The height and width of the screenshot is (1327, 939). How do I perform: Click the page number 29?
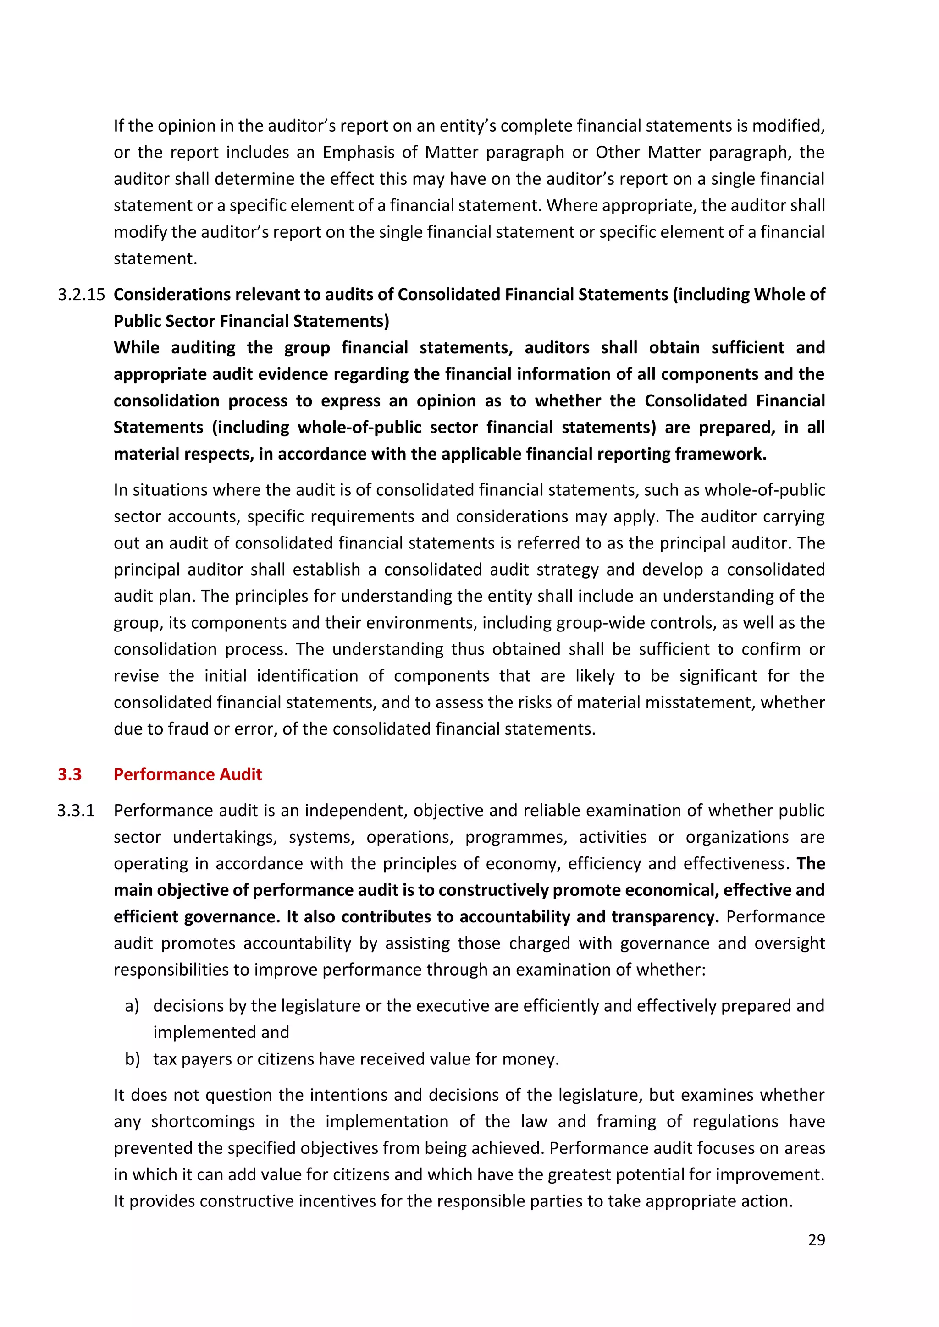pos(816,1240)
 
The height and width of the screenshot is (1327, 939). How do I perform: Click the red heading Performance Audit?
pos(188,774)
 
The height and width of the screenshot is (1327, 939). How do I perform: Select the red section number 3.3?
pos(69,774)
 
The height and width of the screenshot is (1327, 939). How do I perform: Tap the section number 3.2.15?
pos(81,294)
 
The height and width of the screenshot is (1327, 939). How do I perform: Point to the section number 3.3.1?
pos(76,810)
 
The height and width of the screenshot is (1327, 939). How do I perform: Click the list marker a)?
pos(132,1006)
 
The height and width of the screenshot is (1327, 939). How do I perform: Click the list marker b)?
pos(132,1059)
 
